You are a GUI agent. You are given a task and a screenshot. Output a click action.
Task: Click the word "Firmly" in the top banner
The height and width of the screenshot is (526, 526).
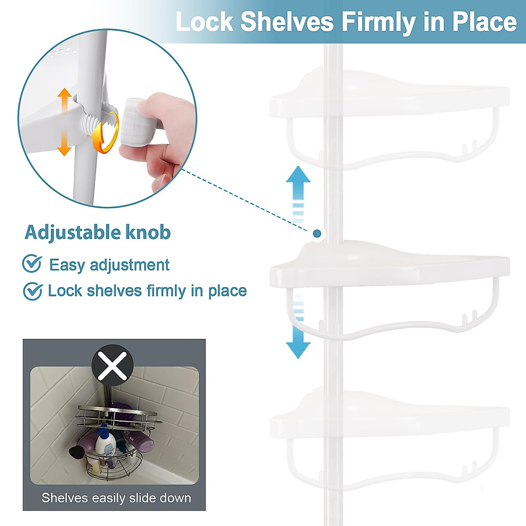(x=377, y=22)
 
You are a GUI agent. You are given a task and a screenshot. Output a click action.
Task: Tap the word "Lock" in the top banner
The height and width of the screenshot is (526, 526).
(x=204, y=22)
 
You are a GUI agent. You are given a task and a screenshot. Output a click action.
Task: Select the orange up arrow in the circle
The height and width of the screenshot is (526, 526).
(x=64, y=101)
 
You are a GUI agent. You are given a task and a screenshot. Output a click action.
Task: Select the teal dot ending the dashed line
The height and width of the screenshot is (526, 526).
(x=317, y=233)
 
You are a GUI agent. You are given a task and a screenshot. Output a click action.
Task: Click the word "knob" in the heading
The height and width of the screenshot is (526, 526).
(x=148, y=232)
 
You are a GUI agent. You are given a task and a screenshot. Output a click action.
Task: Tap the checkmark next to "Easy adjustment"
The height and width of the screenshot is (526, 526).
(x=32, y=264)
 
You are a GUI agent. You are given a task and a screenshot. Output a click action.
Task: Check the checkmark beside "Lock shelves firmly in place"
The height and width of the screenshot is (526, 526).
(x=32, y=291)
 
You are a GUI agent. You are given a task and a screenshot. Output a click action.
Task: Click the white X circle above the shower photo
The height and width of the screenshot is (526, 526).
(x=112, y=368)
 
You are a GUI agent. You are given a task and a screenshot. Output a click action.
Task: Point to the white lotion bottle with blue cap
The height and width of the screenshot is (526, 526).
(x=105, y=443)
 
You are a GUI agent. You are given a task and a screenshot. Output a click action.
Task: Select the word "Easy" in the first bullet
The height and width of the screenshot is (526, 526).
(x=67, y=265)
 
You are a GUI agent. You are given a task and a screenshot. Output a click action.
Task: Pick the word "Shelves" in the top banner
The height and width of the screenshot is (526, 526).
(x=287, y=22)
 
